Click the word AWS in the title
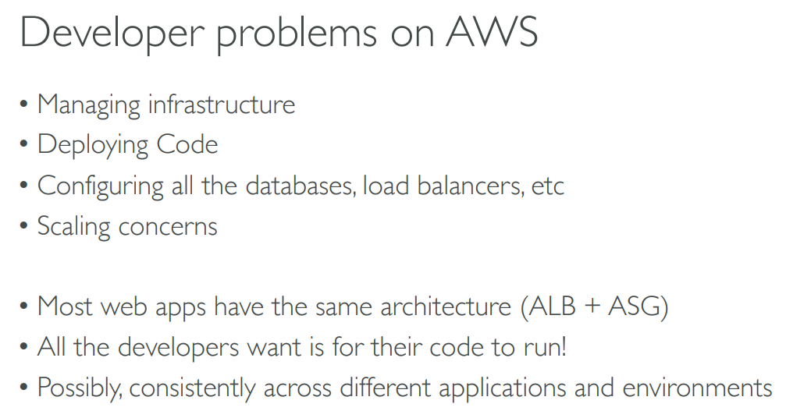tap(492, 32)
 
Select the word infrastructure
tap(222, 105)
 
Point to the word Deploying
tap(93, 146)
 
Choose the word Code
tap(187, 144)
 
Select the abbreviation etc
tap(548, 186)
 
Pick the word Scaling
tap(73, 227)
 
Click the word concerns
tap(168, 227)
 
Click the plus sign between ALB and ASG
tap(592, 306)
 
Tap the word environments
tap(697, 388)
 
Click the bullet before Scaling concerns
tap(23, 225)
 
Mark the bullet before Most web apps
tap(23, 306)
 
